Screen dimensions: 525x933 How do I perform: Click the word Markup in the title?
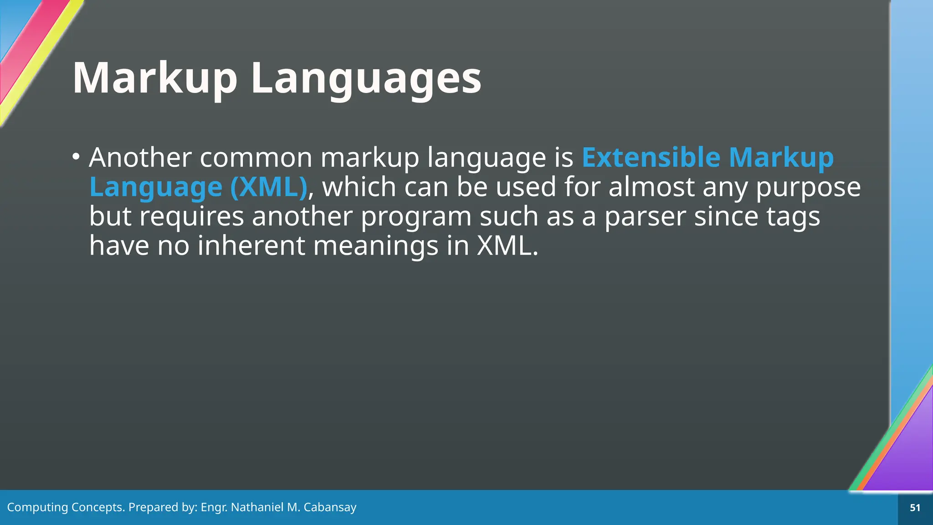155,78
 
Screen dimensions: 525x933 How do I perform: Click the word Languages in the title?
366,78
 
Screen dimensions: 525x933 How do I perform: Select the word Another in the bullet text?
140,158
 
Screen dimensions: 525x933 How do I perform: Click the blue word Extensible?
651,158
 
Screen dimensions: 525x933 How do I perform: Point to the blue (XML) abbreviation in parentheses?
268,187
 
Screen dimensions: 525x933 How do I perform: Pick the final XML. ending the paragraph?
507,246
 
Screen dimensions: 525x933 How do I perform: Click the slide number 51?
915,508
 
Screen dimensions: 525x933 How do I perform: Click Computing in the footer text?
37,507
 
